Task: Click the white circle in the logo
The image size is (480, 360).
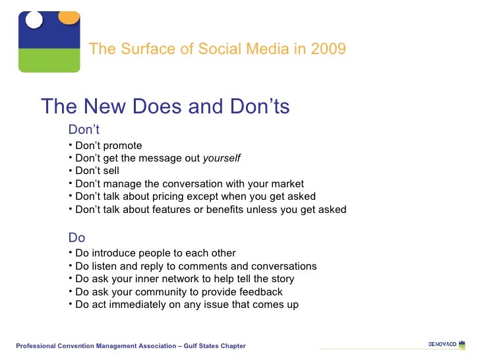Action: (34, 20)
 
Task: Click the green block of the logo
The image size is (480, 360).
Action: (49, 60)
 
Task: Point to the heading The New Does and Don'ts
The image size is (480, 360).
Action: (165, 107)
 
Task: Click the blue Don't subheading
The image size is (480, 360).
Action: (84, 130)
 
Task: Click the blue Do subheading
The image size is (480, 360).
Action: (76, 238)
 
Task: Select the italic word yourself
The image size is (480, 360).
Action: (222, 158)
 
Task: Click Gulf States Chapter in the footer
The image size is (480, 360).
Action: (216, 346)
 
